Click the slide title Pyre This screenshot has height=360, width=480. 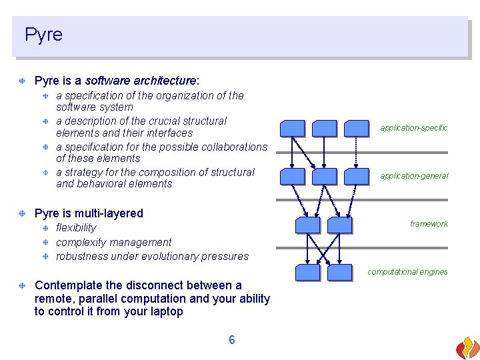(43, 35)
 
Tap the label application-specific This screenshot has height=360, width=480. (413, 127)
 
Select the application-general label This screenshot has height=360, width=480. (414, 176)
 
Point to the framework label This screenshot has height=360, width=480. (429, 224)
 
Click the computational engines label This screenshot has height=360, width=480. (407, 272)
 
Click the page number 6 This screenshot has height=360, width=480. (232, 340)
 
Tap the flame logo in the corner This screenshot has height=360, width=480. (467, 347)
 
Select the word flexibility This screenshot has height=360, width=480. (76, 228)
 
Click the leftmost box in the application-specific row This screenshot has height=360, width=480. (292, 129)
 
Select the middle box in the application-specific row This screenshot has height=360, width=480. (325, 129)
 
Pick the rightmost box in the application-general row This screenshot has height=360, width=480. (357, 176)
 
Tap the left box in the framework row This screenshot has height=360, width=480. (307, 225)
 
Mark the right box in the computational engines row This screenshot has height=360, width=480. (339, 272)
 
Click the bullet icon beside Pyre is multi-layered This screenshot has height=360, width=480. (23, 213)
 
